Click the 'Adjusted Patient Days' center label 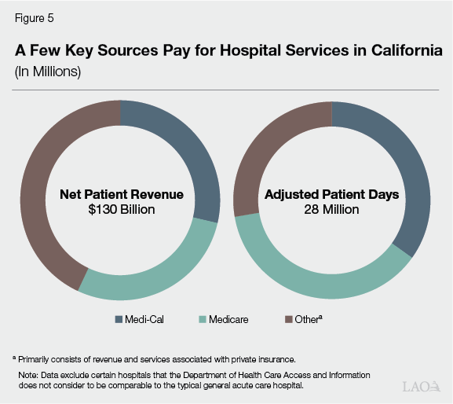[332, 193]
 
